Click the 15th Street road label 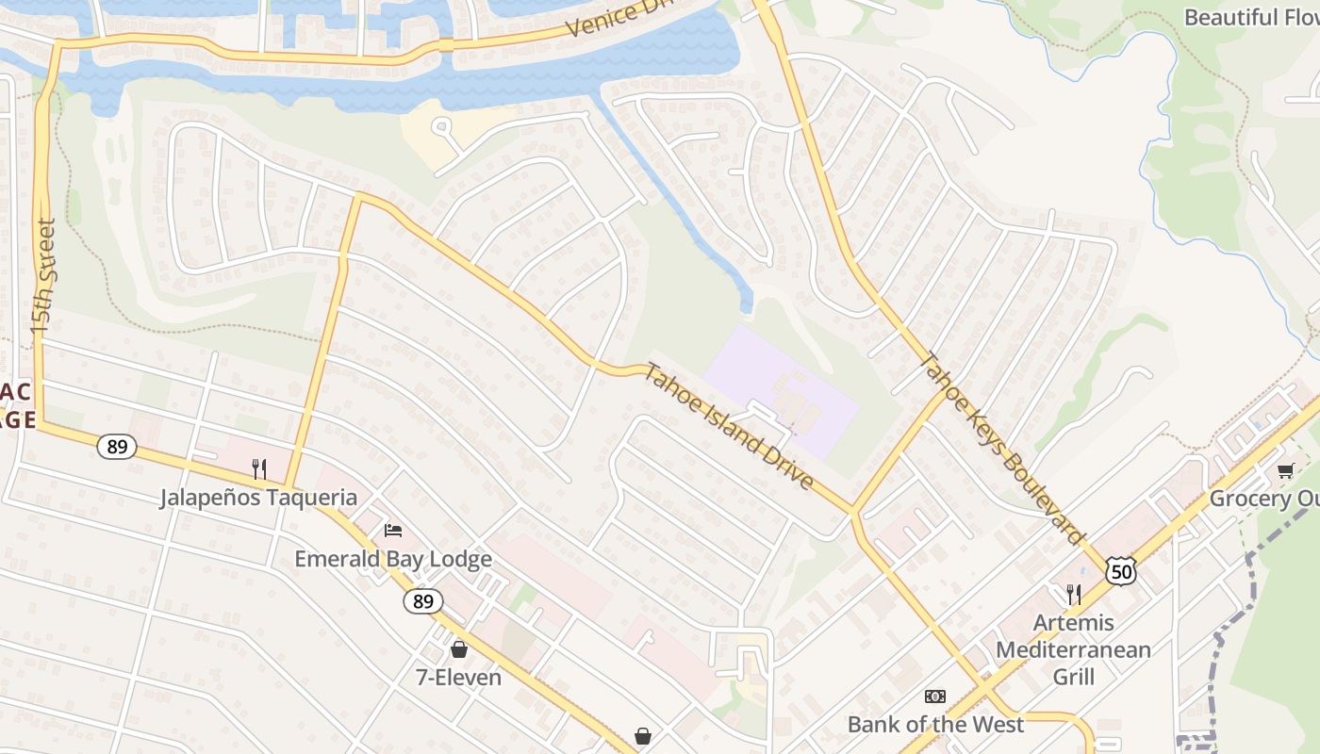(x=44, y=277)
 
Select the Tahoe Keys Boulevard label (x=1001, y=448)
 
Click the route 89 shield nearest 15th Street (x=117, y=447)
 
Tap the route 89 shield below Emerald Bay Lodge (x=423, y=601)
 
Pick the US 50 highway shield (x=1121, y=571)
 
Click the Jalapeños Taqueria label (x=258, y=498)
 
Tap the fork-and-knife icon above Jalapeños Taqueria (x=258, y=468)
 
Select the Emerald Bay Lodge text (x=393, y=559)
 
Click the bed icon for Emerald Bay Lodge (x=393, y=531)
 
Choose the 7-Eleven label (x=459, y=677)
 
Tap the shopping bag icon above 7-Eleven (x=459, y=649)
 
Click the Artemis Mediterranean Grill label (x=1073, y=649)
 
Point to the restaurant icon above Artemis (x=1073, y=594)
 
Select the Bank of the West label (x=935, y=724)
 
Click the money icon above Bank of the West (x=935, y=697)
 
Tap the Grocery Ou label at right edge (x=1263, y=499)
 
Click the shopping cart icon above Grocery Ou (x=1284, y=470)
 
